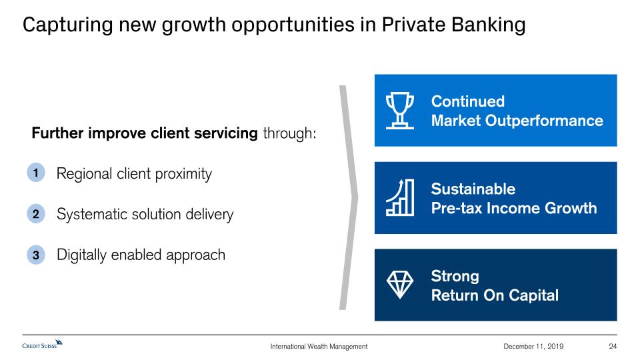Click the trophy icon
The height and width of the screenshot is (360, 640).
400,111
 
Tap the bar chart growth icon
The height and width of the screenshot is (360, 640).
400,197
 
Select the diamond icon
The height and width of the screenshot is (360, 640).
400,285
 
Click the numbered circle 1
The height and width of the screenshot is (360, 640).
36,173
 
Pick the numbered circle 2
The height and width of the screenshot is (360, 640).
36,214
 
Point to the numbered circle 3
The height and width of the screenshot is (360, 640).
36,255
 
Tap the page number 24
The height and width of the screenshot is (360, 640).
613,346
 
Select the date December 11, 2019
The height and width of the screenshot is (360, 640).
533,346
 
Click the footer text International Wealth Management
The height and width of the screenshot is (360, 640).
319,346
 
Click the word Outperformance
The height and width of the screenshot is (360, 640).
544,121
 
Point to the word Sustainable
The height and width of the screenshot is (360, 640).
473,189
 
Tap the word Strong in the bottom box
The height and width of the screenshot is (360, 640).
455,276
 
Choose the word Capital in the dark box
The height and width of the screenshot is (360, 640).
533,295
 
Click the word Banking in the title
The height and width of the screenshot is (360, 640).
489,25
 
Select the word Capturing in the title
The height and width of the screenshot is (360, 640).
68,25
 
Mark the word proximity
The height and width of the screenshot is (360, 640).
183,174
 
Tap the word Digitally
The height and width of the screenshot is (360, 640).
81,255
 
